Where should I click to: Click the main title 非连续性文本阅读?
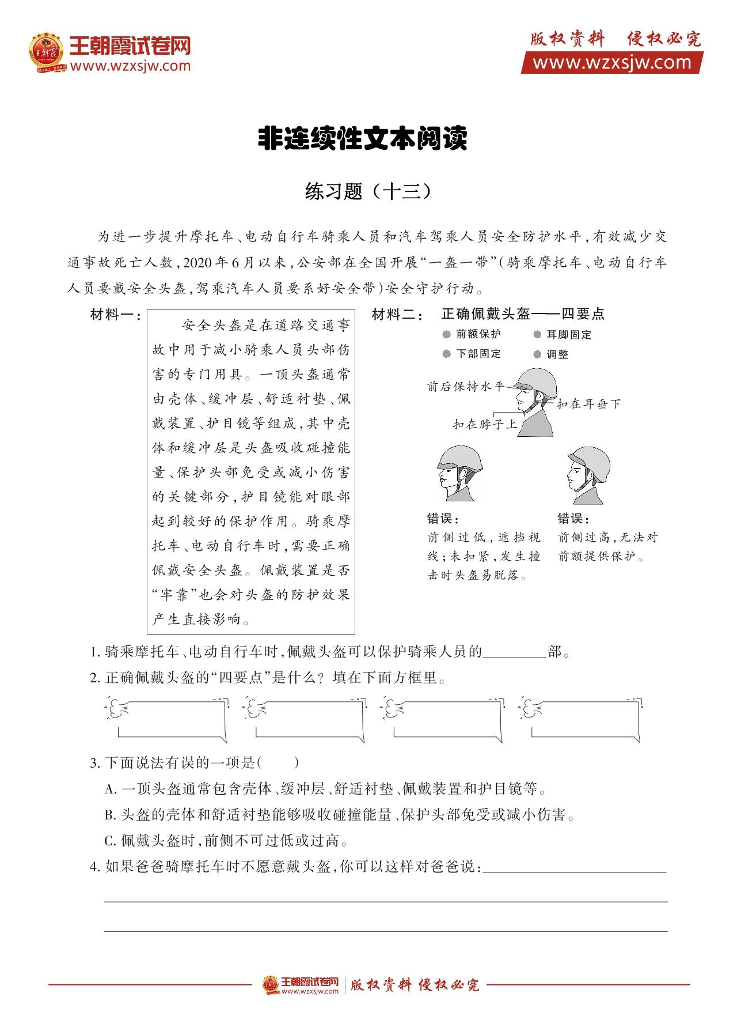[x=362, y=139]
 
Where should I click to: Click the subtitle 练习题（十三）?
[x=368, y=192]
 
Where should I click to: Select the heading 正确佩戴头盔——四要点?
[x=523, y=314]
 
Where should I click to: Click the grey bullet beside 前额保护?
[x=446, y=334]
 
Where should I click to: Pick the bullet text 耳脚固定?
[x=569, y=335]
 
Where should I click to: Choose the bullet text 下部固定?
[x=478, y=354]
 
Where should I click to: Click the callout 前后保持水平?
[x=465, y=387]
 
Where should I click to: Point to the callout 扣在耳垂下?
[x=588, y=404]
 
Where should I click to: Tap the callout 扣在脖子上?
[x=485, y=425]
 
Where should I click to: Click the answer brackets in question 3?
[x=278, y=764]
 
